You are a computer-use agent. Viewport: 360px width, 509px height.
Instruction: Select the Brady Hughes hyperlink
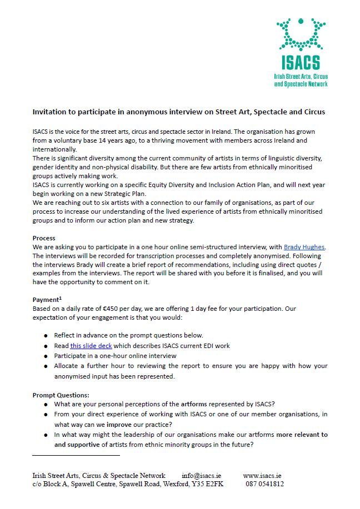pos(304,246)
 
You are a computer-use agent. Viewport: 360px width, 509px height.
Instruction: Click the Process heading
pos(45,238)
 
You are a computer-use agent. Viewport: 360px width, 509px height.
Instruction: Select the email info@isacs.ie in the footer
pos(203,476)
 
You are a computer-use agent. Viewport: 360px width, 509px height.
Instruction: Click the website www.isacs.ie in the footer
pos(262,476)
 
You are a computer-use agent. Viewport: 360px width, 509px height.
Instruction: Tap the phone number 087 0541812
pos(264,484)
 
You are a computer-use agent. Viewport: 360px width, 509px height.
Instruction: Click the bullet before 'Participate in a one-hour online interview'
pos(46,356)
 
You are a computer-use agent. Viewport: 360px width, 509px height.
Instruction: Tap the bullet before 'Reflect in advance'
pos(46,336)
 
